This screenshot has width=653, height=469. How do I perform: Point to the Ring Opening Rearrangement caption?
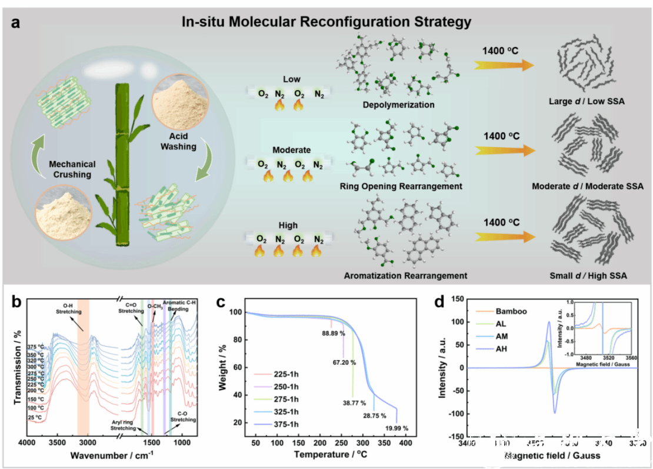401,187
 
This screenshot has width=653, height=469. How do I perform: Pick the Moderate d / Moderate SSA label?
587,187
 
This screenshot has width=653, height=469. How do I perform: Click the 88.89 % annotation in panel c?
334,332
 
